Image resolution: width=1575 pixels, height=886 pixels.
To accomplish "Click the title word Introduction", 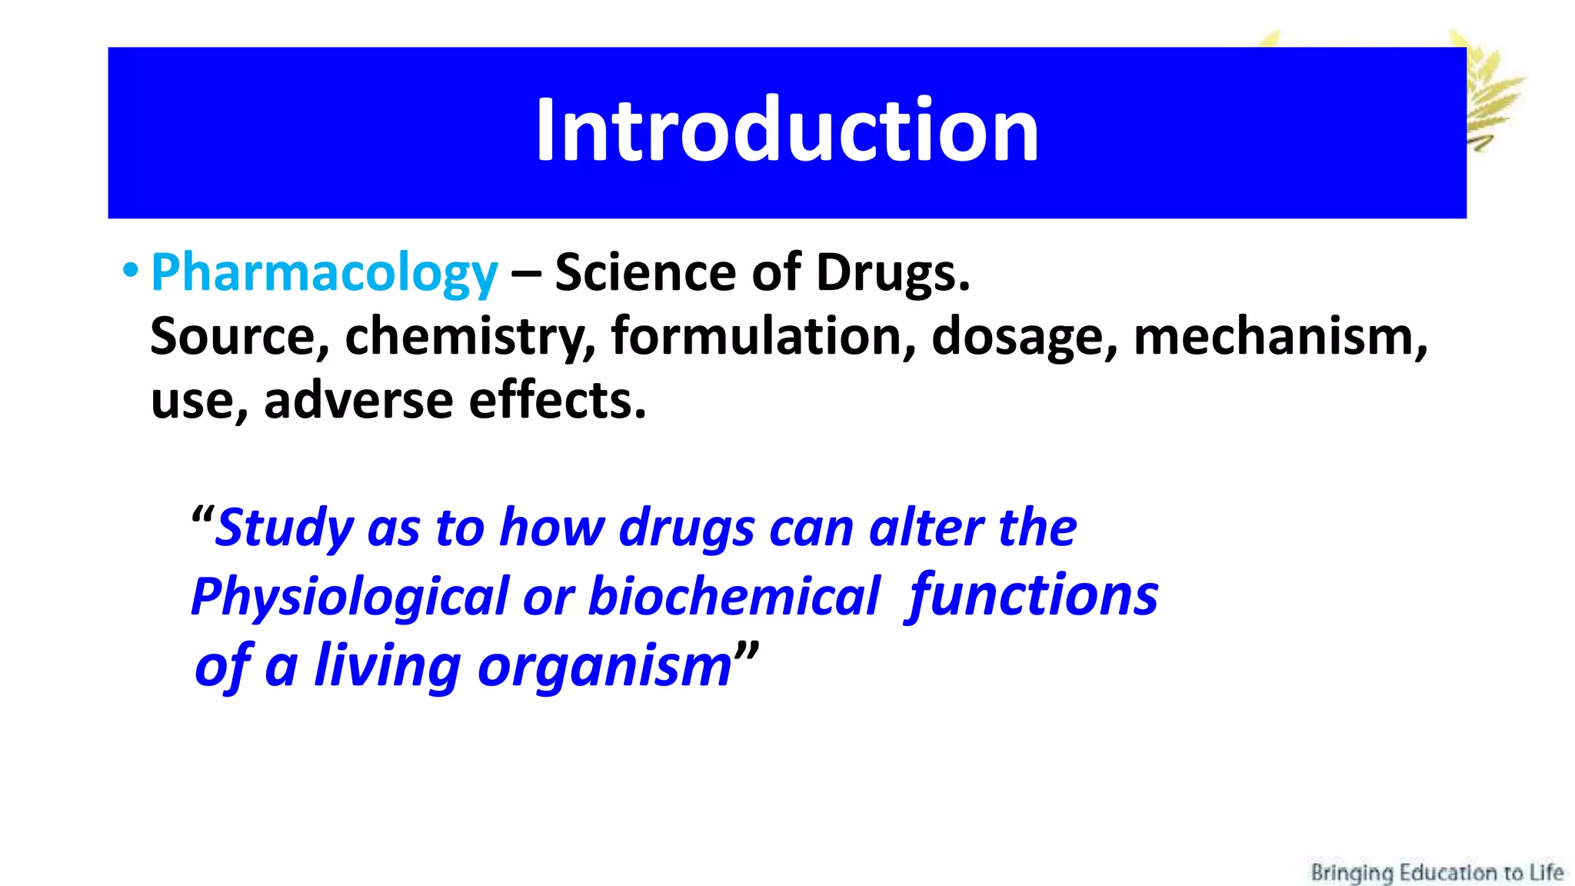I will click(787, 131).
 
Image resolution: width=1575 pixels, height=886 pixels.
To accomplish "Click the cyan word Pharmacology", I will click(324, 273).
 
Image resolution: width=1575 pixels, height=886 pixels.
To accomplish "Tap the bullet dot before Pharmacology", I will click(131, 270).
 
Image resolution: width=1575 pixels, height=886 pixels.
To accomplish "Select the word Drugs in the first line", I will click(892, 273).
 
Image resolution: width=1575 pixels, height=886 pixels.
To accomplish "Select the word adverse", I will click(358, 401).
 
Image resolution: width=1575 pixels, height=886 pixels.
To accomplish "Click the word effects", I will click(557, 401).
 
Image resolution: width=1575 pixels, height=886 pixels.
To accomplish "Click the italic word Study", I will click(284, 529).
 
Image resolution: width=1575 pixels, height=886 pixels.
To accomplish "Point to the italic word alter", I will click(926, 529).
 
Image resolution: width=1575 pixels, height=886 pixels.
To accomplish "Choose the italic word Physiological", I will click(350, 598).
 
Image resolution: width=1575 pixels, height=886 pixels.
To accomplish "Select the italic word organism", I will click(604, 666).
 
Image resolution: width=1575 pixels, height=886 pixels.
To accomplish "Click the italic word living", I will click(388, 666).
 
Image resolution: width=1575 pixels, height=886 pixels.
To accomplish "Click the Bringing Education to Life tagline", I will click(1437, 872).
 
